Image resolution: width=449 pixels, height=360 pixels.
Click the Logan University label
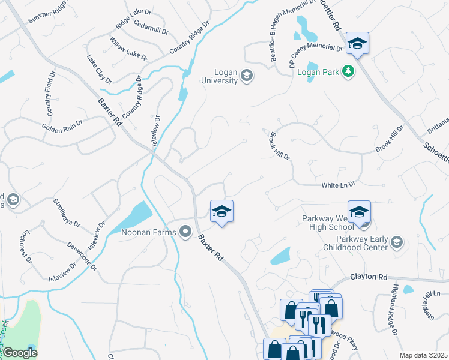point(219,76)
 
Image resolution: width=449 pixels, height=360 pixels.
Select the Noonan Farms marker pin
point(185,231)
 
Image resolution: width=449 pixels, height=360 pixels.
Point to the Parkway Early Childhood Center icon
point(396,242)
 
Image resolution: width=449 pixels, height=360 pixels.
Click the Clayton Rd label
point(369,277)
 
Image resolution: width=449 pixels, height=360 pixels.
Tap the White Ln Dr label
point(339,185)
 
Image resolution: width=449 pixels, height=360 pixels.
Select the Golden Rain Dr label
point(62,127)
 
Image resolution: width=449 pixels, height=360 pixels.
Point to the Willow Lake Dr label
point(128,49)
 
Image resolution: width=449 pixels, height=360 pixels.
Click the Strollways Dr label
point(67,213)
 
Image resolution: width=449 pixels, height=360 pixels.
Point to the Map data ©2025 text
point(423,355)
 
